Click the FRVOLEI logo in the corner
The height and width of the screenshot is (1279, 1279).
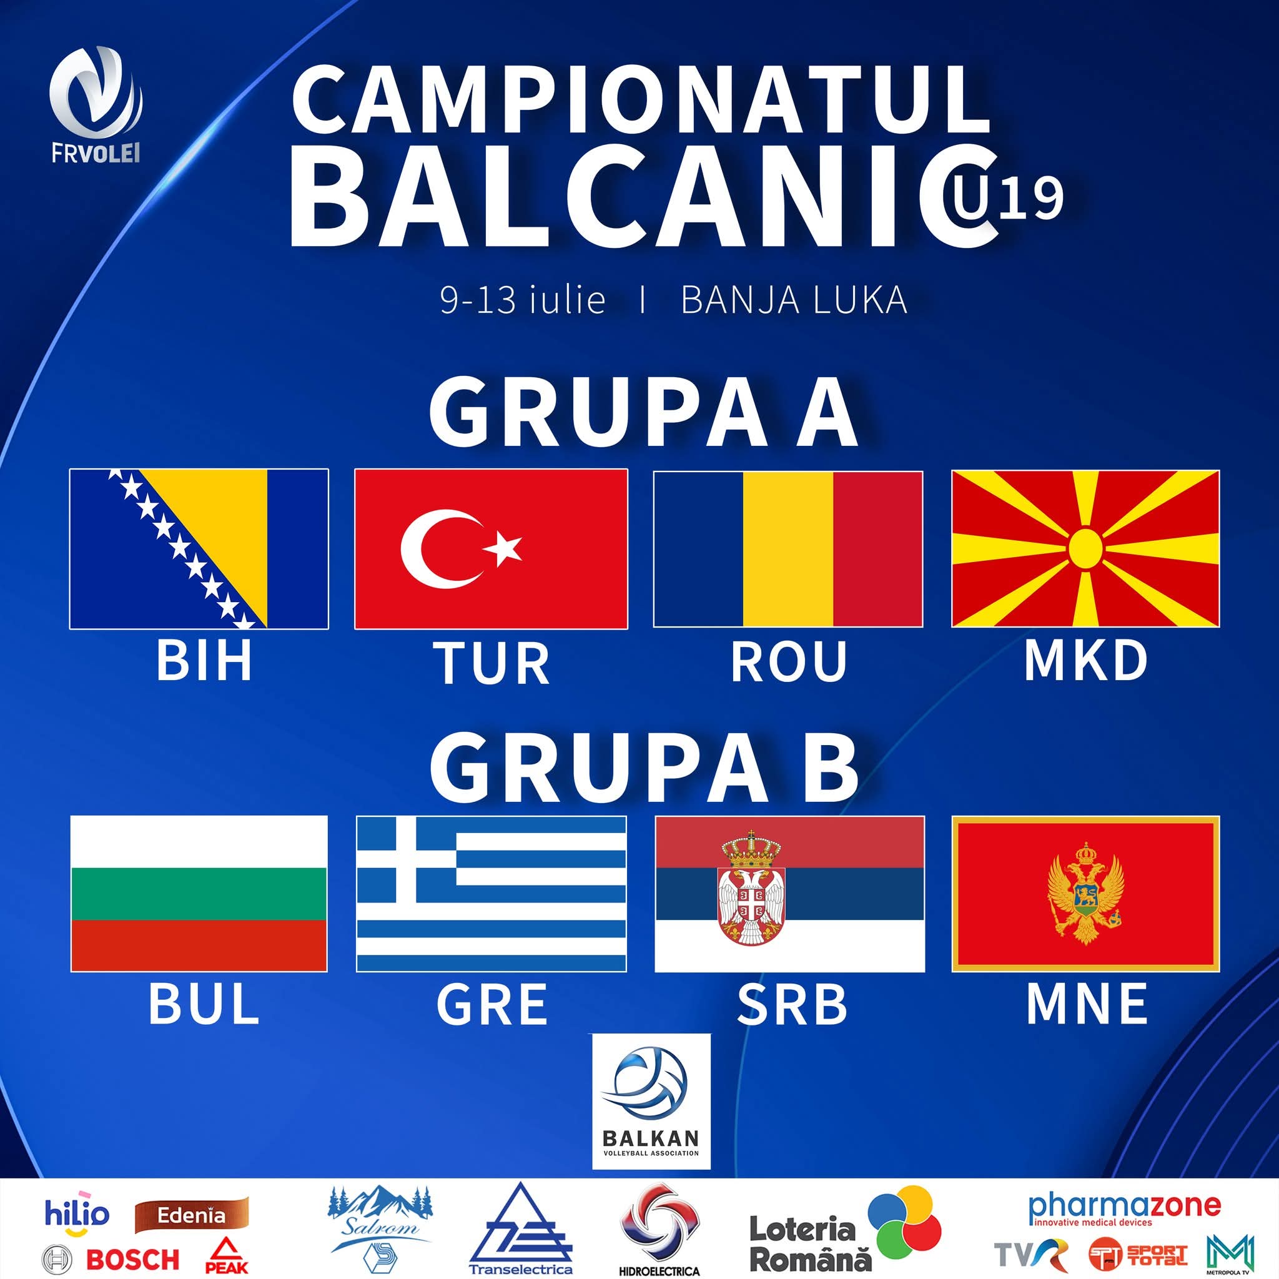click(x=96, y=106)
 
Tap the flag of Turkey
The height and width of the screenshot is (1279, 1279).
click(x=491, y=549)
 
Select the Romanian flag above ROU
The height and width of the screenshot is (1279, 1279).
click(x=788, y=549)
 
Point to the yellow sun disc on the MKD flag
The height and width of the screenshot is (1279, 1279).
click(x=1085, y=548)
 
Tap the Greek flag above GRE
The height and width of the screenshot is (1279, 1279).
click(x=491, y=894)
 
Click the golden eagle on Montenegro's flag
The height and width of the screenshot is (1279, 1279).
click(x=1085, y=893)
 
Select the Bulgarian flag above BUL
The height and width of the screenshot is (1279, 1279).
click(x=199, y=894)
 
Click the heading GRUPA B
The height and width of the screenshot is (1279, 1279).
click(x=643, y=766)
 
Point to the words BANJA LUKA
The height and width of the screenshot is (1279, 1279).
click(x=794, y=300)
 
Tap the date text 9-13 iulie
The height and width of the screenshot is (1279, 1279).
click(x=523, y=300)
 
